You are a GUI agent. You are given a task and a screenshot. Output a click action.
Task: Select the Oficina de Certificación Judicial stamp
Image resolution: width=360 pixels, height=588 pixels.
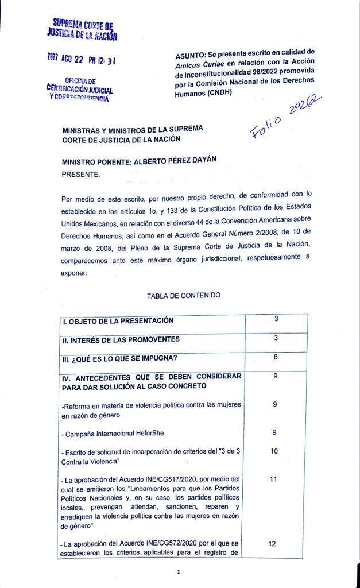coord(80,90)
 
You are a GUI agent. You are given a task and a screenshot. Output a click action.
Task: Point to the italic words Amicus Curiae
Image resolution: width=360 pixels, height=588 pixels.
coord(198,65)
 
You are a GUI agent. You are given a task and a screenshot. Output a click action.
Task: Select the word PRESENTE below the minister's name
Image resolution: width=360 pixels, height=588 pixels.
coord(81,173)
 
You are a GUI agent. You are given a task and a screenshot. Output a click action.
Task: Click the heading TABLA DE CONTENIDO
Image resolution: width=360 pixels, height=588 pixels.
coord(183,296)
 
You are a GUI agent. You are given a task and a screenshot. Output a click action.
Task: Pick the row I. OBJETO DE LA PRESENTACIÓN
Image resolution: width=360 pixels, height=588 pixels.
coord(118,321)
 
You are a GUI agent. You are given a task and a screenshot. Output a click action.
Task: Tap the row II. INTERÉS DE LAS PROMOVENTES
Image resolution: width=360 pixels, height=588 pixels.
coord(121,339)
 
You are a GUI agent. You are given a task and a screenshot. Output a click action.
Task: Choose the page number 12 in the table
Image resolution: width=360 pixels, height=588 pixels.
coord(274,543)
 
